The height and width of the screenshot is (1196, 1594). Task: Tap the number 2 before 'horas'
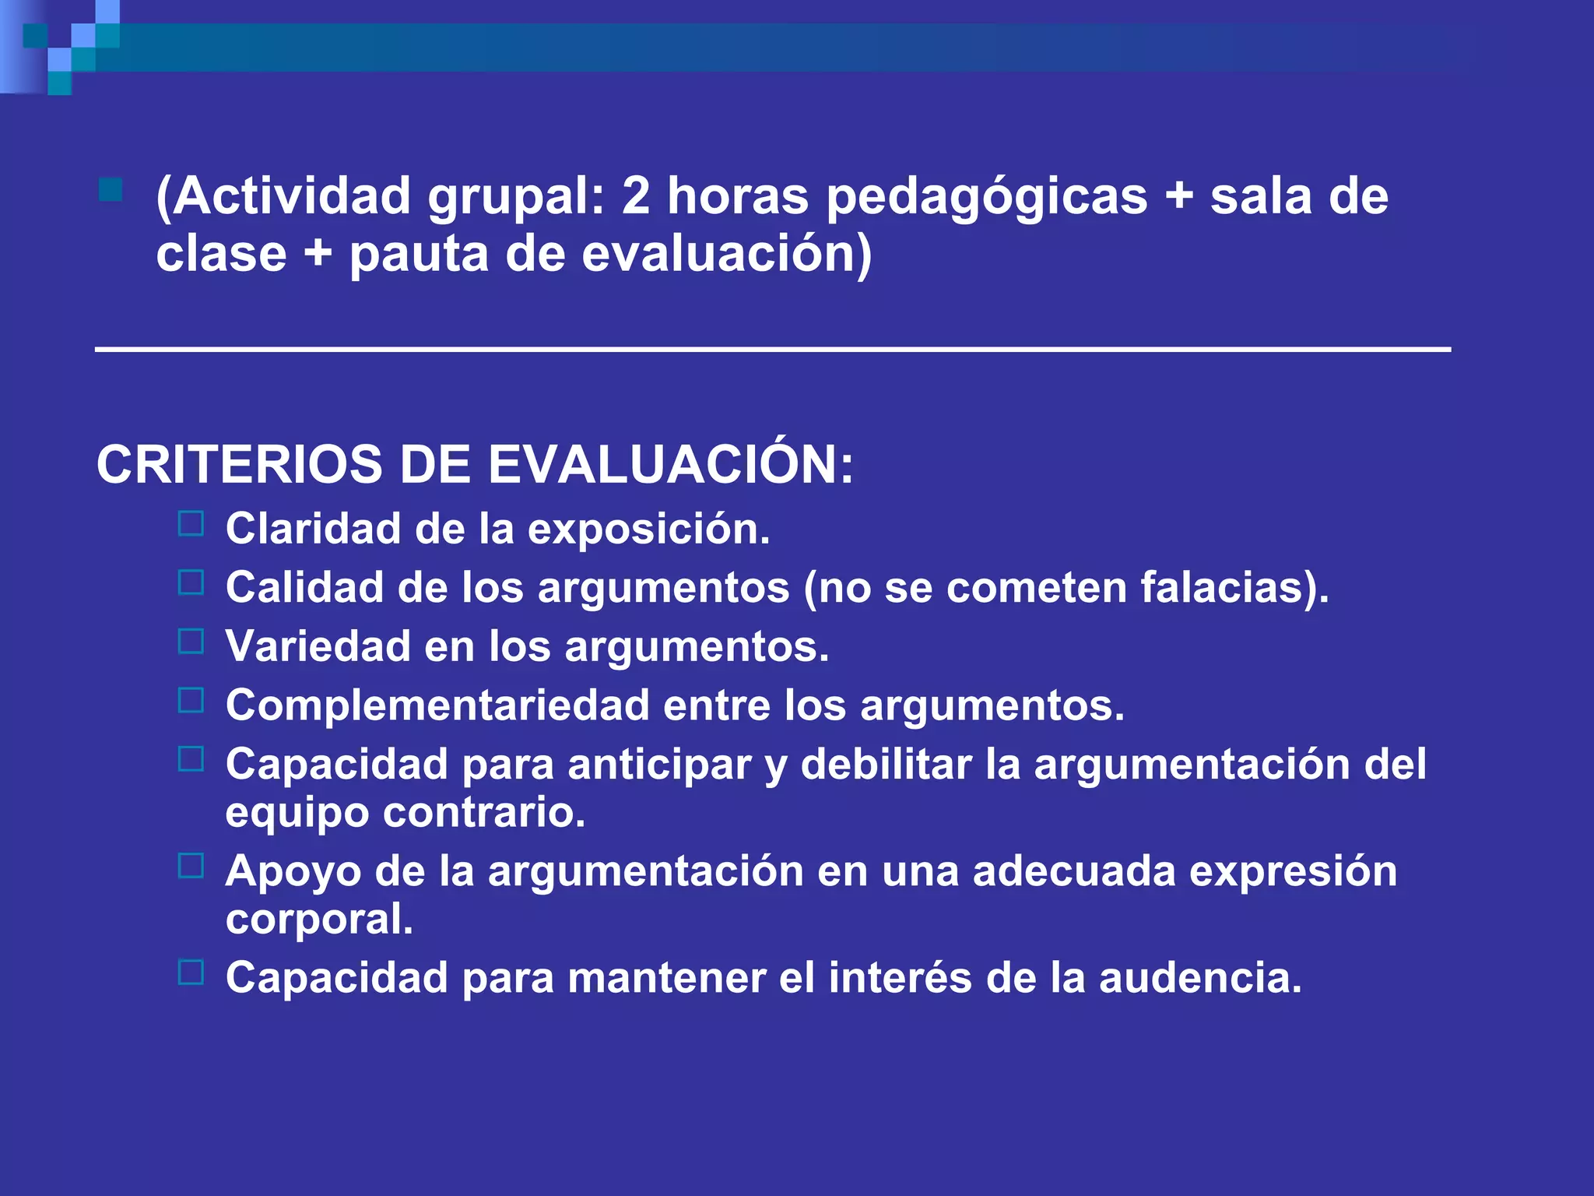(635, 196)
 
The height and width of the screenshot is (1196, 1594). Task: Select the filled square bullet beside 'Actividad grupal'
(111, 190)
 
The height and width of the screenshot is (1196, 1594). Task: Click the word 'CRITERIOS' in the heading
(239, 465)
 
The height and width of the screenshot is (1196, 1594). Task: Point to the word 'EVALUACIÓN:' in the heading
(670, 465)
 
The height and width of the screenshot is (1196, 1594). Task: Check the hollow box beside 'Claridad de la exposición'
(191, 523)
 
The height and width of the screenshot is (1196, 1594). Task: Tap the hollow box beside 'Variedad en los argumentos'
(191, 641)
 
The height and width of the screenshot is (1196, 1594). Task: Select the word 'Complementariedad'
(437, 705)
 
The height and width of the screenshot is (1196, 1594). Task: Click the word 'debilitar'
(886, 764)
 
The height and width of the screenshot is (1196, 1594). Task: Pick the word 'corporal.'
(319, 920)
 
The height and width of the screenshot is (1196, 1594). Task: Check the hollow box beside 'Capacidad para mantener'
(191, 972)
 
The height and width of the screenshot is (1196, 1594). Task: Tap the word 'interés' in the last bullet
(900, 978)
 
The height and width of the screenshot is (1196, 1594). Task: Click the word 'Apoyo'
(293, 872)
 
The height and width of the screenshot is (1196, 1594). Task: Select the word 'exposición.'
(649, 529)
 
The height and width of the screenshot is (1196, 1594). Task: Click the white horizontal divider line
(772, 350)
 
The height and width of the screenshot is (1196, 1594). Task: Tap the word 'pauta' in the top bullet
(419, 254)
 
